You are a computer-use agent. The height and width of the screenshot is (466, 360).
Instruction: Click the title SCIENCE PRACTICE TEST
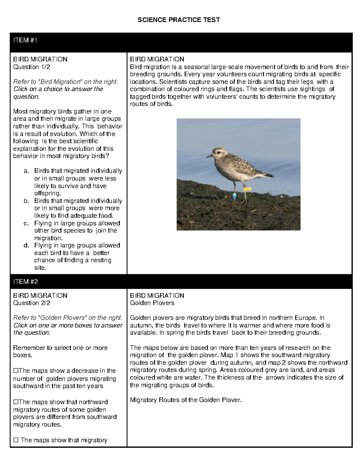coord(178,20)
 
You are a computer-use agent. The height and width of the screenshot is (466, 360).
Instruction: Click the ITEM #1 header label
coord(25,41)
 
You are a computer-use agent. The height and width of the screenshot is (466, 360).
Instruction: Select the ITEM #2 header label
coord(25,282)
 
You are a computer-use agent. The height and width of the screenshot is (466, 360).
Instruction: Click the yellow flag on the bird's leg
coord(247,189)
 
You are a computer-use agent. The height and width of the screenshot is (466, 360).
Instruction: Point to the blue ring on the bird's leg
coord(235,196)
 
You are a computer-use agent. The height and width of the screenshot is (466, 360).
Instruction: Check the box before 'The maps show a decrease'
coord(16,371)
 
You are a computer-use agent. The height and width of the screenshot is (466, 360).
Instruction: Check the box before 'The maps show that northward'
coord(16,402)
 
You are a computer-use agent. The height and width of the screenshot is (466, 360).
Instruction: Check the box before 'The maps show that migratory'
coord(16,440)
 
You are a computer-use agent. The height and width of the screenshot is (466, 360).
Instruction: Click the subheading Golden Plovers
coord(152,303)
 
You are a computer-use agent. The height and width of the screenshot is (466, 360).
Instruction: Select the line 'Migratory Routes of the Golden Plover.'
coord(185,400)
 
